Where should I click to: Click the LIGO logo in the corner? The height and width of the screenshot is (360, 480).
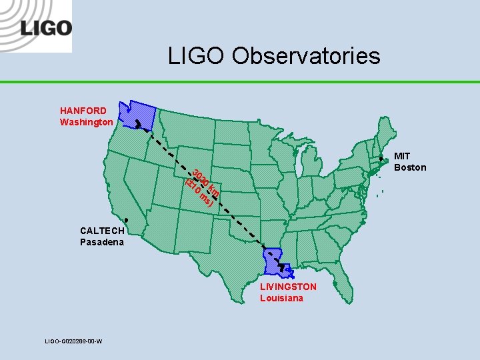[x=45, y=27]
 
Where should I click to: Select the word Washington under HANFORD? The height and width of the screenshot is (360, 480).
[x=87, y=122]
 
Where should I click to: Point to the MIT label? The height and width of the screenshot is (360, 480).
[x=402, y=156]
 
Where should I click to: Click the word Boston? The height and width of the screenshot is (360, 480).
[x=410, y=167]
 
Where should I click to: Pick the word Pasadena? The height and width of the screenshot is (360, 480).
[x=102, y=242]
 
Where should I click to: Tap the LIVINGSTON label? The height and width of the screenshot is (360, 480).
[x=288, y=287]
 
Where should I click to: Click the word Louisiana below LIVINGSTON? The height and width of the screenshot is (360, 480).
[x=281, y=298]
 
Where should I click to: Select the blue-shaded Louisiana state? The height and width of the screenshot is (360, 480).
[x=274, y=263]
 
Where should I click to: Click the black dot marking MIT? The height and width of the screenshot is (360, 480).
[x=381, y=159]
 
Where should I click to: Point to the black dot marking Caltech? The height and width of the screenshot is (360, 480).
[x=127, y=221]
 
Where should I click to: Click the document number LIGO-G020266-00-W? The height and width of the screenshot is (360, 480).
[x=73, y=341]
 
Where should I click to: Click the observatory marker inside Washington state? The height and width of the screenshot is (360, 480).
[x=137, y=123]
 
